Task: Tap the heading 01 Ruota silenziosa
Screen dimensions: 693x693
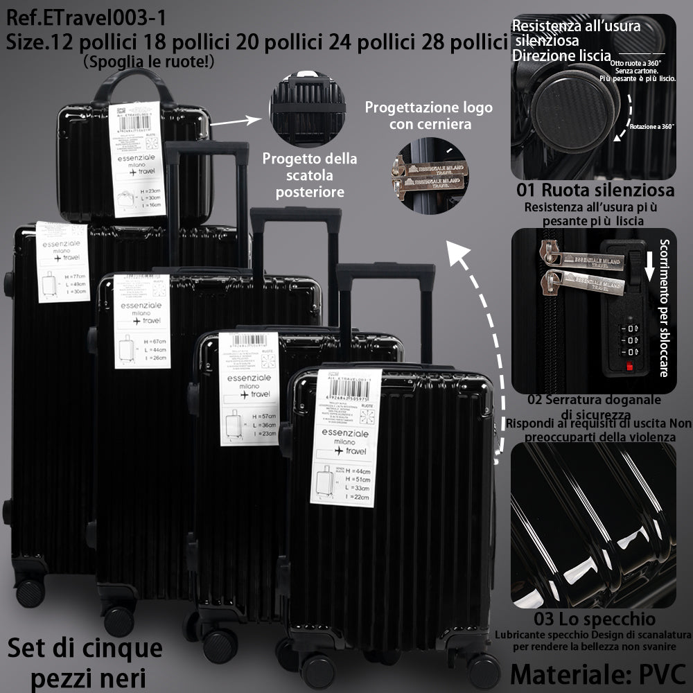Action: coord(595,189)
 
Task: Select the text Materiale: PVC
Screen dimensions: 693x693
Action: coord(597,672)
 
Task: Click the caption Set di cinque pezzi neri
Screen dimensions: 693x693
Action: coord(85,661)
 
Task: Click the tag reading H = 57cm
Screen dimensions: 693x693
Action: coord(249,387)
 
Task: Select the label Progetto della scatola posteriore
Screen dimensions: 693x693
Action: coord(310,175)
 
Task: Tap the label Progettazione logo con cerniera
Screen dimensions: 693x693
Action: coord(429,116)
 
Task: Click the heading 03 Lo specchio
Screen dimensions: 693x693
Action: coord(595,618)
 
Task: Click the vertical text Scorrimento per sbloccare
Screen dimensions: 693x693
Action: coord(664,308)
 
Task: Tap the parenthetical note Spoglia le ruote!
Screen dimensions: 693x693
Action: coord(149,62)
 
